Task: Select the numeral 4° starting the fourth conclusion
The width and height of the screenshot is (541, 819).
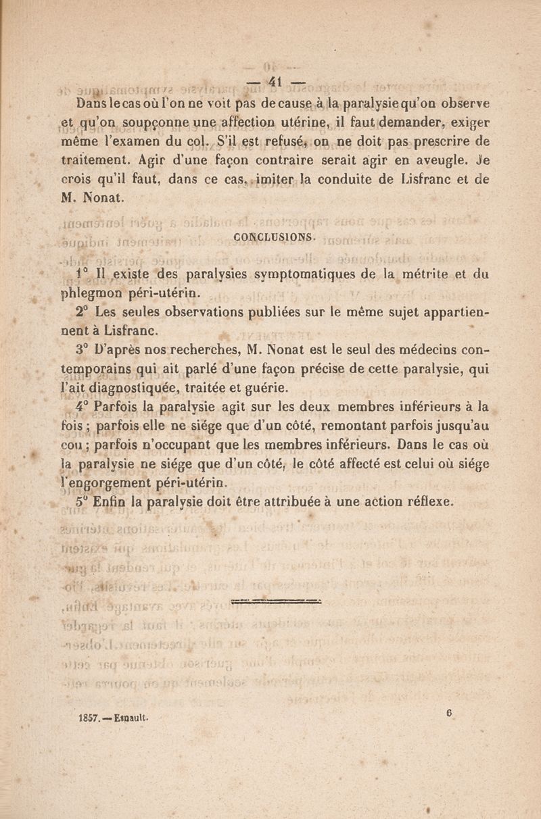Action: point(83,407)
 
